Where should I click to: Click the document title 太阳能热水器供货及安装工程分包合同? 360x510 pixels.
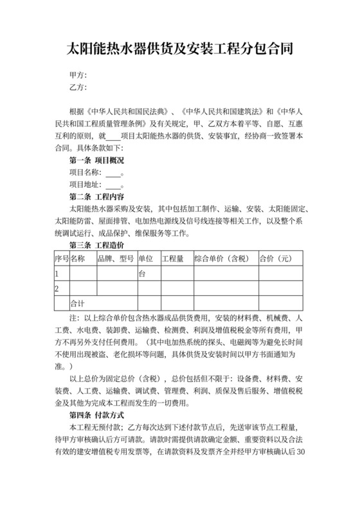pos(180,48)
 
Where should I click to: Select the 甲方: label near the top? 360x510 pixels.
pos(78,75)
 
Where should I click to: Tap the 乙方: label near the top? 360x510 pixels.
pos(78,87)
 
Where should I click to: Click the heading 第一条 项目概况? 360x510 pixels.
pos(96,160)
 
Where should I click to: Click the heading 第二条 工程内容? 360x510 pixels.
pos(96,197)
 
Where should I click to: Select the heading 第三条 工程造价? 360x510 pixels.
pos(96,246)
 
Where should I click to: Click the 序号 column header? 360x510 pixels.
pos(62,259)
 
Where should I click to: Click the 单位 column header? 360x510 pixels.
pos(146,259)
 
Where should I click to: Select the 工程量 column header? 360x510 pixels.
pos(173,259)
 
